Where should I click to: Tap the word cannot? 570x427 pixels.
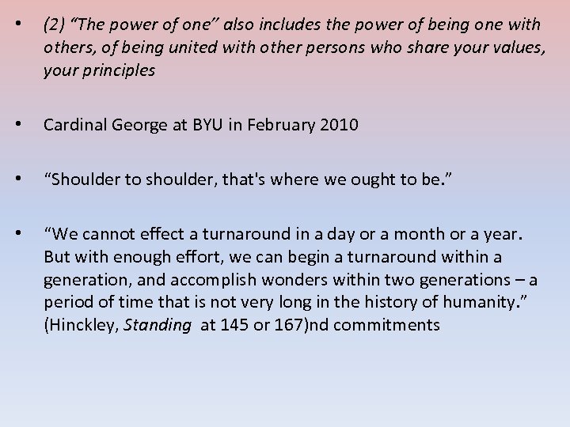108,235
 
